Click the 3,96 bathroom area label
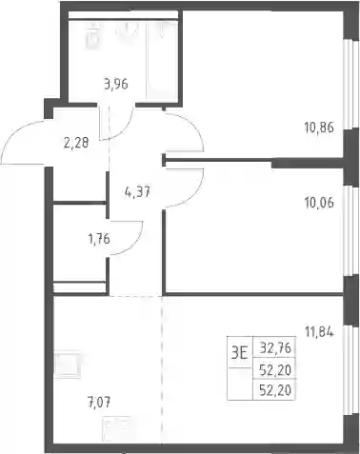(x=116, y=85)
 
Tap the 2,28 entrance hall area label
(x=76, y=143)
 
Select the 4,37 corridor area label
(x=137, y=191)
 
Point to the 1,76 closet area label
(x=99, y=239)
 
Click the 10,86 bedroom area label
(x=319, y=128)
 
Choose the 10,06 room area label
(x=319, y=203)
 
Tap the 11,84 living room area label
(x=319, y=332)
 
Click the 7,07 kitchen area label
(x=99, y=404)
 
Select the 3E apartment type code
(x=239, y=353)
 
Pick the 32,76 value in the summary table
(x=275, y=348)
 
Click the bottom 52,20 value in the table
(x=275, y=390)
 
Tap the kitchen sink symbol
(x=68, y=364)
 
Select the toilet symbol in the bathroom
(x=93, y=36)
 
